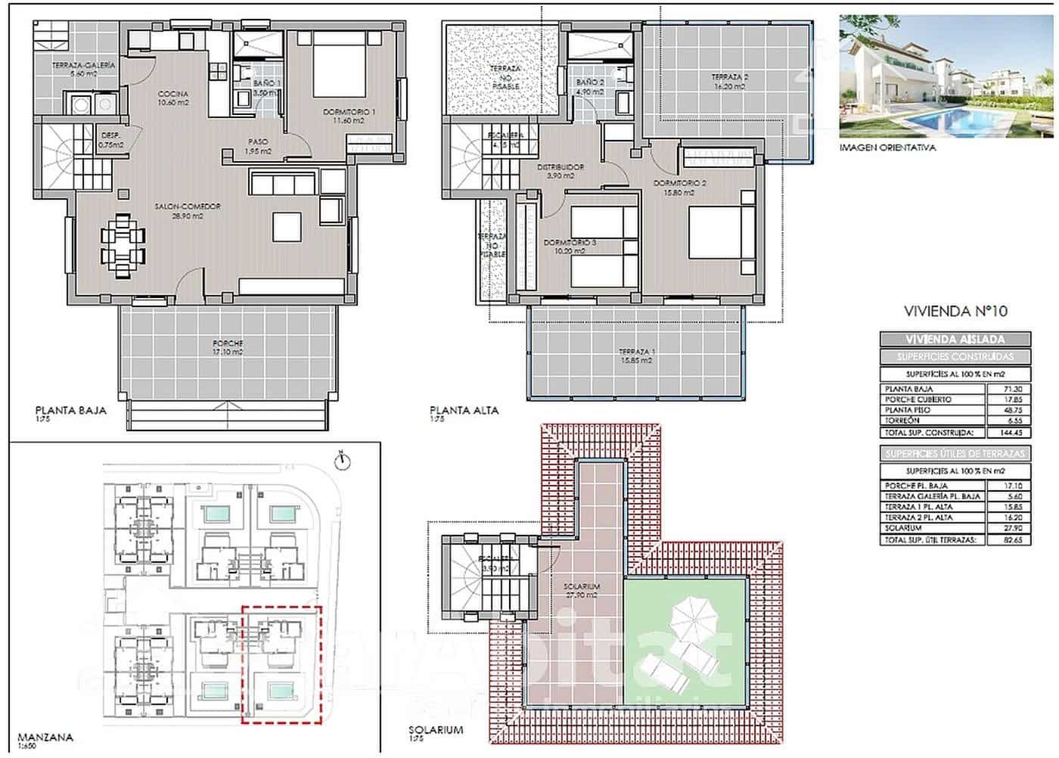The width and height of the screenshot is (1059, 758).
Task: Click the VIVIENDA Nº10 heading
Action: click(x=955, y=311)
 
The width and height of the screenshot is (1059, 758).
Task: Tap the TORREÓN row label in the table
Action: click(x=902, y=421)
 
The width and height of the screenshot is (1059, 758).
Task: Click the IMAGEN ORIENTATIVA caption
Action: click(x=887, y=148)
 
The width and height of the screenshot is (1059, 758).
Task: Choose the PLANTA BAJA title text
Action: click(x=71, y=411)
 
